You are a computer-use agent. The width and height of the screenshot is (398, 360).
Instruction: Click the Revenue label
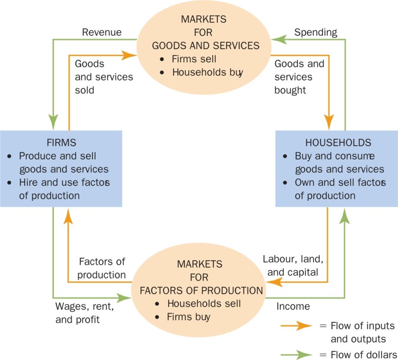point(102,32)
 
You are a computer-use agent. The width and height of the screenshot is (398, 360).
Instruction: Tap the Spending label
point(316,32)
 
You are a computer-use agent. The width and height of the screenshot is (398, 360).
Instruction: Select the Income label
point(293,306)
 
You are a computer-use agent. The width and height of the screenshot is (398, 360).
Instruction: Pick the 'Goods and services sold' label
point(104,76)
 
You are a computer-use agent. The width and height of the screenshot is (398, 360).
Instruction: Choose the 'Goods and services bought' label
point(300,77)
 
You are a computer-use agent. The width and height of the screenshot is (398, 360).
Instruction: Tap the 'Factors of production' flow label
point(102,268)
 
